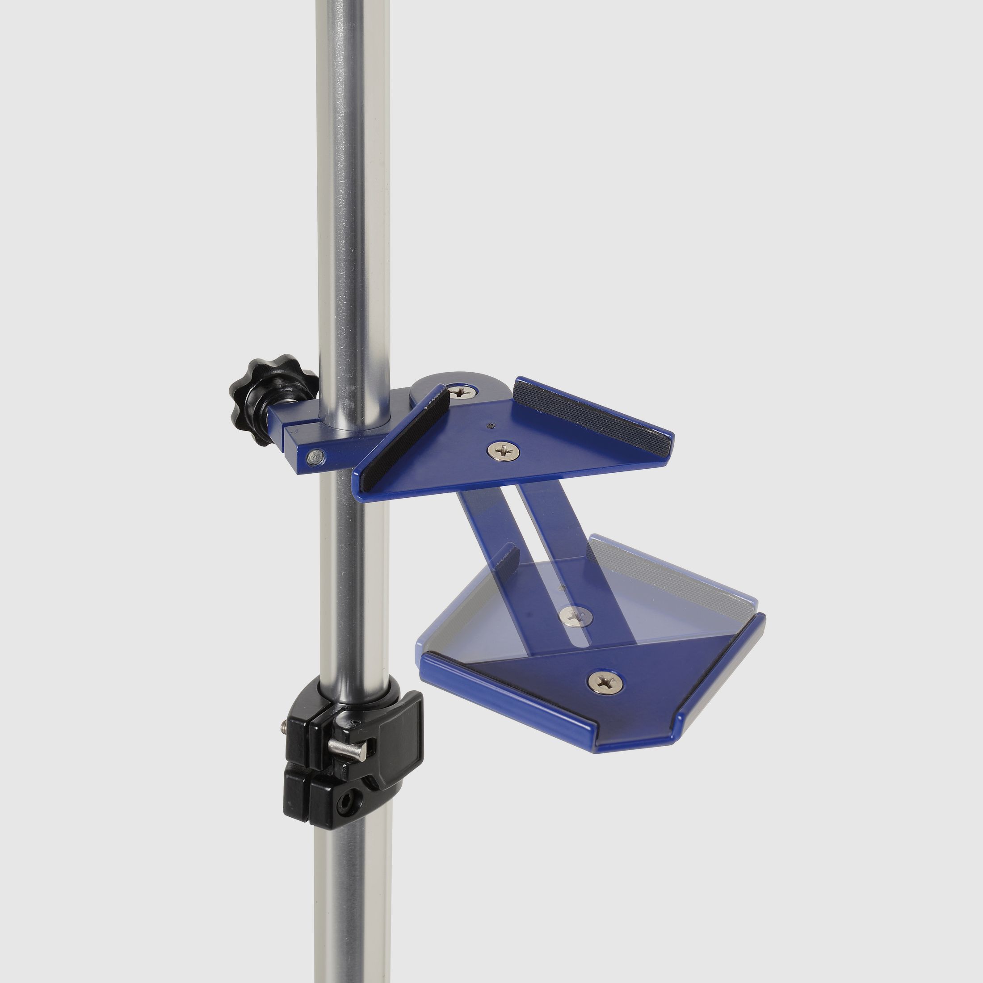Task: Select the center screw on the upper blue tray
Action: point(503,450)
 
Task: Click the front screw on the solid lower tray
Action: point(605,682)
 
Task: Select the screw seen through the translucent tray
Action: point(576,617)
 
